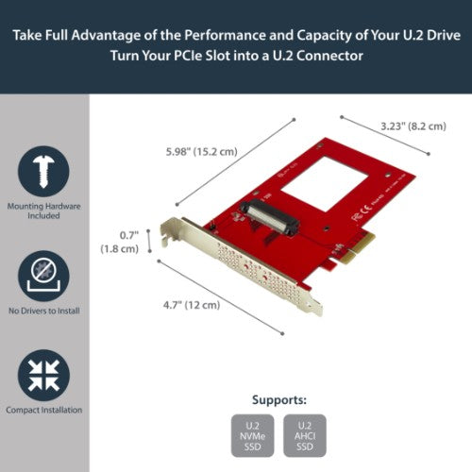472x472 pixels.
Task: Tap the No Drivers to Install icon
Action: (x=43, y=276)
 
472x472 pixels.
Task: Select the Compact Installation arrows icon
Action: (x=43, y=375)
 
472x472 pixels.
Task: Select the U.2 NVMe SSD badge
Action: (x=251, y=436)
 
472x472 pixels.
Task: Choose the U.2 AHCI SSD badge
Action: (x=304, y=436)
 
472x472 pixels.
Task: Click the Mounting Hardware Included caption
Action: (x=43, y=210)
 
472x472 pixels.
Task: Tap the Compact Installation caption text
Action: (x=43, y=410)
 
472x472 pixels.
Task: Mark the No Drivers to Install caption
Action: (x=43, y=311)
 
